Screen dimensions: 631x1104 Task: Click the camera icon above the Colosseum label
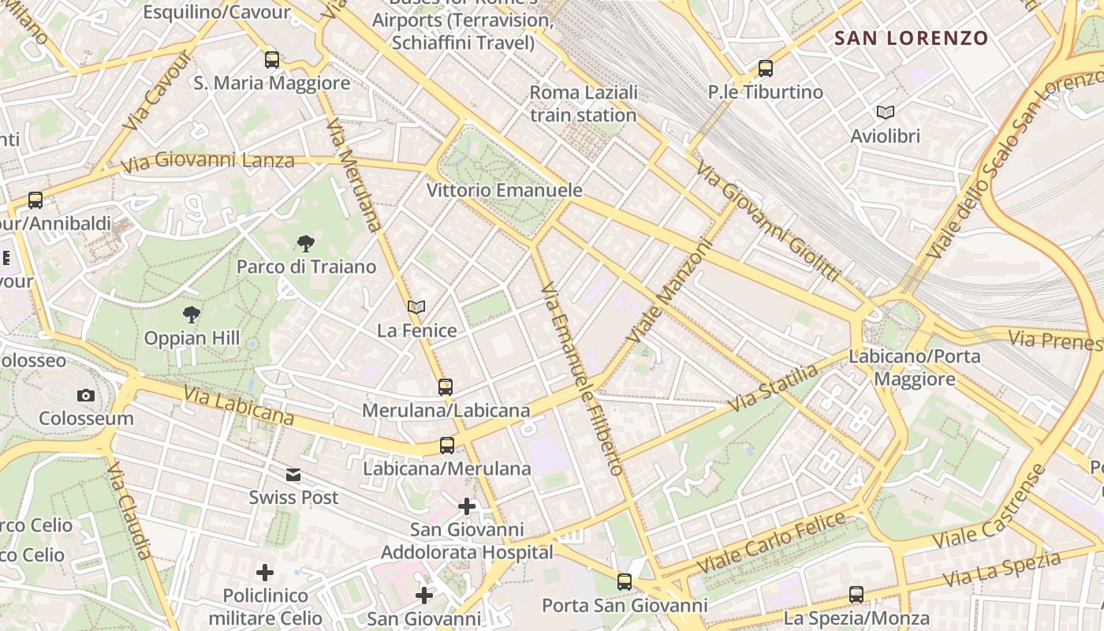click(x=86, y=395)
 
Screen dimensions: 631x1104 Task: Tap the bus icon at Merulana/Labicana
click(x=446, y=387)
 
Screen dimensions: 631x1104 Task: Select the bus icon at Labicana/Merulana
click(x=447, y=446)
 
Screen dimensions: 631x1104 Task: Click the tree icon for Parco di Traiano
click(x=306, y=244)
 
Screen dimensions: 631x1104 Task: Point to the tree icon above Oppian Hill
click(x=191, y=315)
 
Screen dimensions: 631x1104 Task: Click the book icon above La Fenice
click(x=416, y=307)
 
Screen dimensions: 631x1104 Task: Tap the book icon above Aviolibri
click(x=885, y=113)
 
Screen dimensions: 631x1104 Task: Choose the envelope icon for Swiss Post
click(x=293, y=475)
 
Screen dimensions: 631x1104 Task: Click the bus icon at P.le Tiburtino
click(x=765, y=69)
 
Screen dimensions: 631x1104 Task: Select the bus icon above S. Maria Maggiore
click(x=272, y=59)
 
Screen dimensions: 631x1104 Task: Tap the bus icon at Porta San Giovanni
click(x=625, y=582)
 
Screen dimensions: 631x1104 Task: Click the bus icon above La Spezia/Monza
click(x=856, y=595)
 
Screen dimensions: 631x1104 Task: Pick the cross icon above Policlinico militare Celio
click(x=265, y=572)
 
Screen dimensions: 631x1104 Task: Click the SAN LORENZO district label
click(x=911, y=38)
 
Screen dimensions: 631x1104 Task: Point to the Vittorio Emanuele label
click(x=505, y=190)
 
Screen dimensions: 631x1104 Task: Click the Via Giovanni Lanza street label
click(x=207, y=162)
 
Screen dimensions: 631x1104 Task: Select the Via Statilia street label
click(x=773, y=388)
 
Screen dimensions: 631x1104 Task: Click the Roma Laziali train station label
click(x=583, y=103)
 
